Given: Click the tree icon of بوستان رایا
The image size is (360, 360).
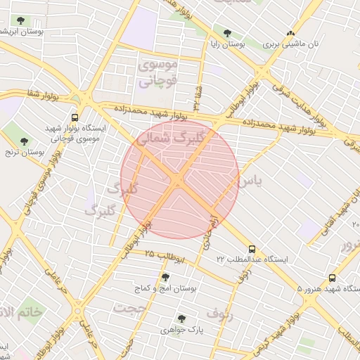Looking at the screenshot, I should pyautogui.click(x=227, y=32).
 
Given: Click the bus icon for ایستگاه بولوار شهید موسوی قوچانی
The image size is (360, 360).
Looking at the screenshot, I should pyautogui.click(x=75, y=117).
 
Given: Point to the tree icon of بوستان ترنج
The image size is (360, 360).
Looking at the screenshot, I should pyautogui.click(x=25, y=141).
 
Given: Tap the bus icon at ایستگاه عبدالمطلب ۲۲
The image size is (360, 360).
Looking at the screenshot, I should pyautogui.click(x=252, y=249).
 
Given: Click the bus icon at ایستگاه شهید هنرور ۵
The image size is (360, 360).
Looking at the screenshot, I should pyautogui.click(x=333, y=278).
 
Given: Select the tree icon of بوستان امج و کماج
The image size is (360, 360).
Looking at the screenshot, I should pyautogui.click(x=166, y=277).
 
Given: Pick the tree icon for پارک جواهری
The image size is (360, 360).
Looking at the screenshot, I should pyautogui.click(x=182, y=318).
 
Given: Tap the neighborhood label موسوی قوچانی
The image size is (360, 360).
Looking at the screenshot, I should pyautogui.click(x=160, y=73).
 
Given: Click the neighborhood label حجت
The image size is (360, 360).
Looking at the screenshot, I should pyautogui.click(x=131, y=309).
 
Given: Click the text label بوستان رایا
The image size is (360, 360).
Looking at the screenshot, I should pyautogui.click(x=222, y=44).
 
